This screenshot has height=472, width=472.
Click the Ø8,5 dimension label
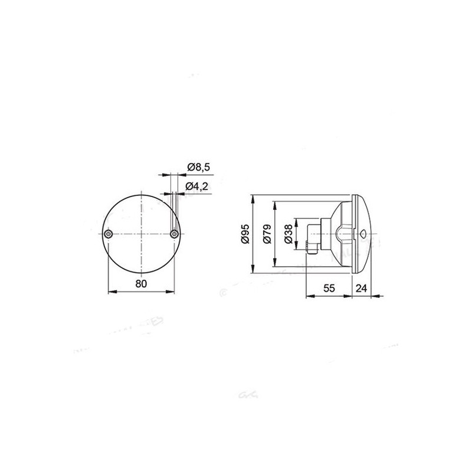[x=199, y=168]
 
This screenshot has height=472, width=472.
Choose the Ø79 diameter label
[x=267, y=234]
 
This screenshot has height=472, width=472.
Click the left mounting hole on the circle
[x=107, y=234]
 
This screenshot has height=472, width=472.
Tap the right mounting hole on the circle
[x=173, y=234]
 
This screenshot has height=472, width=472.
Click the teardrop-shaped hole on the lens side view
[x=362, y=234]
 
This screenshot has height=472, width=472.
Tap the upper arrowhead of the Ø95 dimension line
[x=253, y=197]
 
